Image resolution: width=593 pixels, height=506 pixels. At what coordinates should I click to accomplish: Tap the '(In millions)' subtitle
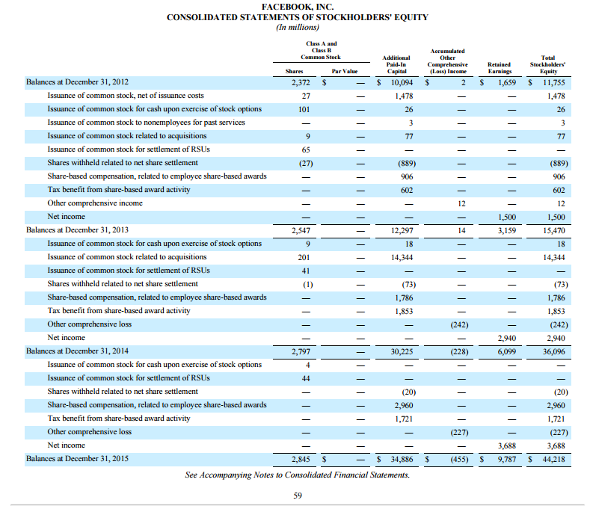tap(297, 27)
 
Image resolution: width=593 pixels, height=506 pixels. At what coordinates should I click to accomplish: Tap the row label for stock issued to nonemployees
tap(146, 123)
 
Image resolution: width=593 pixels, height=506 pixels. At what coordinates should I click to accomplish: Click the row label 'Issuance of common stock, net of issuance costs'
tap(126, 96)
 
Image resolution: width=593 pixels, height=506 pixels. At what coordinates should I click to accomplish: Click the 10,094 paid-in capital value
tap(402, 82)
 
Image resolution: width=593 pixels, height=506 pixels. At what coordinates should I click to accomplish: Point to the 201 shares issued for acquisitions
tap(305, 257)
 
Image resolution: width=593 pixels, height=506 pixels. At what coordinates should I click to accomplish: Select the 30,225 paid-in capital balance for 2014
tap(402, 351)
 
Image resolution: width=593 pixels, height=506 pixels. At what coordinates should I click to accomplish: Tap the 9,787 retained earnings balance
tap(503, 459)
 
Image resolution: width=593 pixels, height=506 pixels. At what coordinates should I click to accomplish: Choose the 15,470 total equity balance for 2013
tap(554, 230)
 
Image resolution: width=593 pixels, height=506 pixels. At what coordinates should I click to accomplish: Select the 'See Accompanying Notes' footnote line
tap(297, 475)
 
